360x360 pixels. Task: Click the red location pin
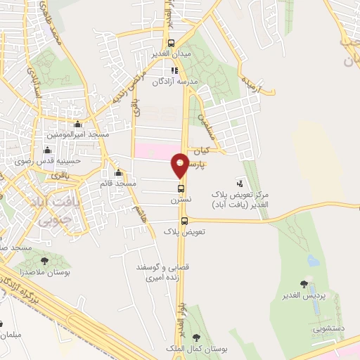click(x=181, y=165)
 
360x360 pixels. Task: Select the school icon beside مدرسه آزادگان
click(x=175, y=70)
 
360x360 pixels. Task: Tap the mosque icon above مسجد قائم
click(x=118, y=174)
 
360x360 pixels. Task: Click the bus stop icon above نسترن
click(x=181, y=188)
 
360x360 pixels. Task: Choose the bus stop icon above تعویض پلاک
click(x=185, y=220)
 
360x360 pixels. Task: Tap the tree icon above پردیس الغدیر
click(x=304, y=283)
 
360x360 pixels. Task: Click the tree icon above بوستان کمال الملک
click(x=205, y=340)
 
